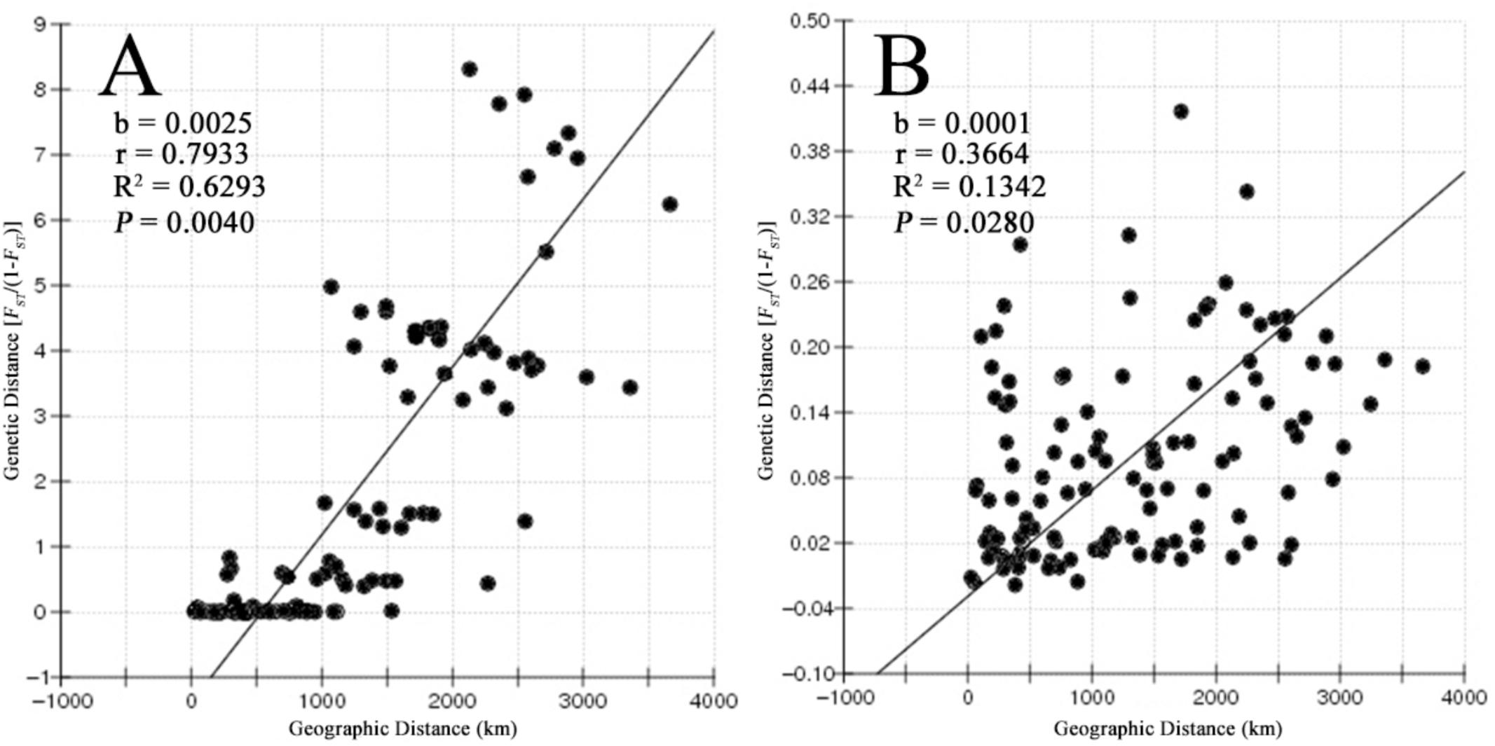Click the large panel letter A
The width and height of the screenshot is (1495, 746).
[x=131, y=67]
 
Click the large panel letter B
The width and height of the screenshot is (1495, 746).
[x=902, y=67]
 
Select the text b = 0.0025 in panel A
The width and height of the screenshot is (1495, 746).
[x=183, y=123]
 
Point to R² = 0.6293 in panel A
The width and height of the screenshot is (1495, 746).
[x=189, y=187]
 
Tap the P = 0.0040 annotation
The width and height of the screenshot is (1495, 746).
[x=184, y=223]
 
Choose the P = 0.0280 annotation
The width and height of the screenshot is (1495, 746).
[x=964, y=223]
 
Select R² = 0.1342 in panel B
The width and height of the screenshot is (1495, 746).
[x=969, y=187]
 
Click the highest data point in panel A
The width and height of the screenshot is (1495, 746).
[x=470, y=69]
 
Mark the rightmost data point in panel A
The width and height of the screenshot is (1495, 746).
[x=670, y=205]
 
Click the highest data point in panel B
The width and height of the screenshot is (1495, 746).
[x=1181, y=111]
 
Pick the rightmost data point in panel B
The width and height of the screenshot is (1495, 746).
[x=1422, y=366]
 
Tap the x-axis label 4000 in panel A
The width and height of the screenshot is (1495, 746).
[x=714, y=701]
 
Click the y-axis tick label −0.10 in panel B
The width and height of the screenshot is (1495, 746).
[x=808, y=674]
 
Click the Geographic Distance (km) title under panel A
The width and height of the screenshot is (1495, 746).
[x=403, y=729]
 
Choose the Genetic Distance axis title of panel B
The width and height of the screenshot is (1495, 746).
[x=768, y=350]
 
